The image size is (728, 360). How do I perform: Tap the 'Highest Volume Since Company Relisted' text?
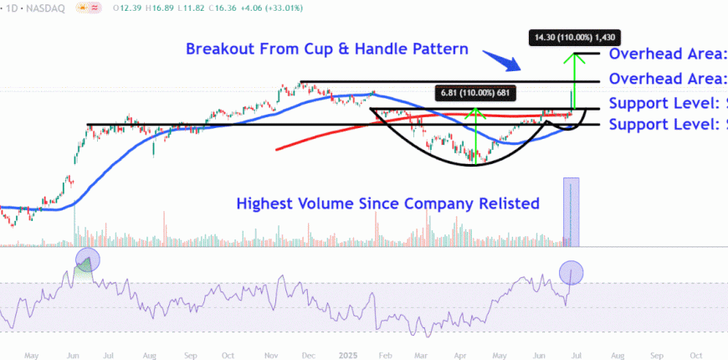click(387, 203)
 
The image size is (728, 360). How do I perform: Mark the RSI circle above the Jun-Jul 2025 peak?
click(571, 272)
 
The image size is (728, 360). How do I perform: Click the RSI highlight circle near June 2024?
click(88, 260)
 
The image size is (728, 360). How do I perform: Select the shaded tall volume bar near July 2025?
click(571, 213)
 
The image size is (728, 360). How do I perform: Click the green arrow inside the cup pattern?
click(475, 134)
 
